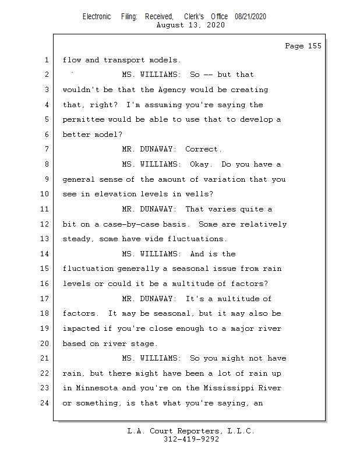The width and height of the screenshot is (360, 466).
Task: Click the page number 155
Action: point(315,46)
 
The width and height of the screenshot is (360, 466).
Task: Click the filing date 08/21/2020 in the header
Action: point(250,17)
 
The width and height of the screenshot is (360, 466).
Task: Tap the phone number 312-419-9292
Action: point(191,439)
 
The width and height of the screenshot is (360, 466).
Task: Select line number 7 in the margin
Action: point(47,149)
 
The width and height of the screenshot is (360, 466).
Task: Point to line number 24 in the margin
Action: point(44,403)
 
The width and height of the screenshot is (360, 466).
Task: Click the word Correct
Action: point(203,149)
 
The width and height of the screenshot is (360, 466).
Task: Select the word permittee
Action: point(83,119)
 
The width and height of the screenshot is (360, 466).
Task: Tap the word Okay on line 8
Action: point(201,164)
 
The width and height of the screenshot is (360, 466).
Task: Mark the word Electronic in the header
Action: point(97,17)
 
